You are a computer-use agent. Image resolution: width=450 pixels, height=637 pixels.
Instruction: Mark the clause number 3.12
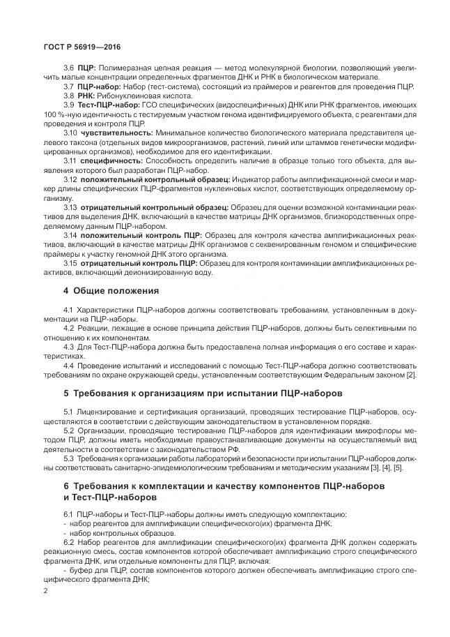(x=70, y=179)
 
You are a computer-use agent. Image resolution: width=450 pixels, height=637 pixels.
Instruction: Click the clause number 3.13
(x=70, y=208)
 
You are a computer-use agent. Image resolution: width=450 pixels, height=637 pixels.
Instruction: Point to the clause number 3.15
(x=70, y=264)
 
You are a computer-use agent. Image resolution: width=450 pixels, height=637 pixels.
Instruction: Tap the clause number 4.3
(x=69, y=346)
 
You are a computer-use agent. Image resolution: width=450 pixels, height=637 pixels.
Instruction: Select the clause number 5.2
(x=69, y=430)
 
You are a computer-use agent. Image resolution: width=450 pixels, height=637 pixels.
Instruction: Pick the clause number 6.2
(x=69, y=541)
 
